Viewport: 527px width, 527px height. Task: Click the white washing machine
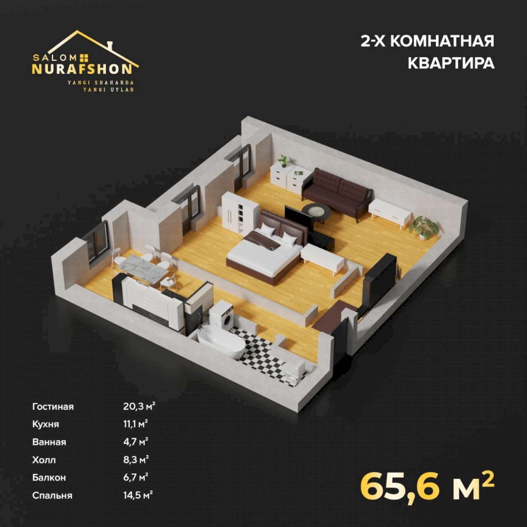pyautogui.click(x=221, y=315)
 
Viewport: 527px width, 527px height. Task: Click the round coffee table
pyautogui.click(x=316, y=212)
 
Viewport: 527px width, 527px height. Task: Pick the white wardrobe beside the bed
pyautogui.click(x=239, y=212)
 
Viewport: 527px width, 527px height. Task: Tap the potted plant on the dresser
pyautogui.click(x=284, y=161)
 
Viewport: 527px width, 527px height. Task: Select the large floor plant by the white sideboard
pyautogui.click(x=425, y=227)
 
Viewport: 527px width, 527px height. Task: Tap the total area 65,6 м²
pyautogui.click(x=427, y=486)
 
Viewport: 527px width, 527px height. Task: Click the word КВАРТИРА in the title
pyautogui.click(x=451, y=63)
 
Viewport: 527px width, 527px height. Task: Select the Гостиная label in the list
pyautogui.click(x=53, y=406)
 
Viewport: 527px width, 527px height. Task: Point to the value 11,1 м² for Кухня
pyautogui.click(x=136, y=424)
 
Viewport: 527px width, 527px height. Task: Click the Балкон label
pyautogui.click(x=49, y=478)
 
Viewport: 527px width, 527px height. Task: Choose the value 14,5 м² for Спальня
pyautogui.click(x=138, y=495)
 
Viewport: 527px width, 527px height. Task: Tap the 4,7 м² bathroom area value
pyautogui.click(x=136, y=442)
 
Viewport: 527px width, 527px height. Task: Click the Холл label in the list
pyautogui.click(x=44, y=460)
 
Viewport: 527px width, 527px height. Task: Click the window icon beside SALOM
pyautogui.click(x=84, y=58)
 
